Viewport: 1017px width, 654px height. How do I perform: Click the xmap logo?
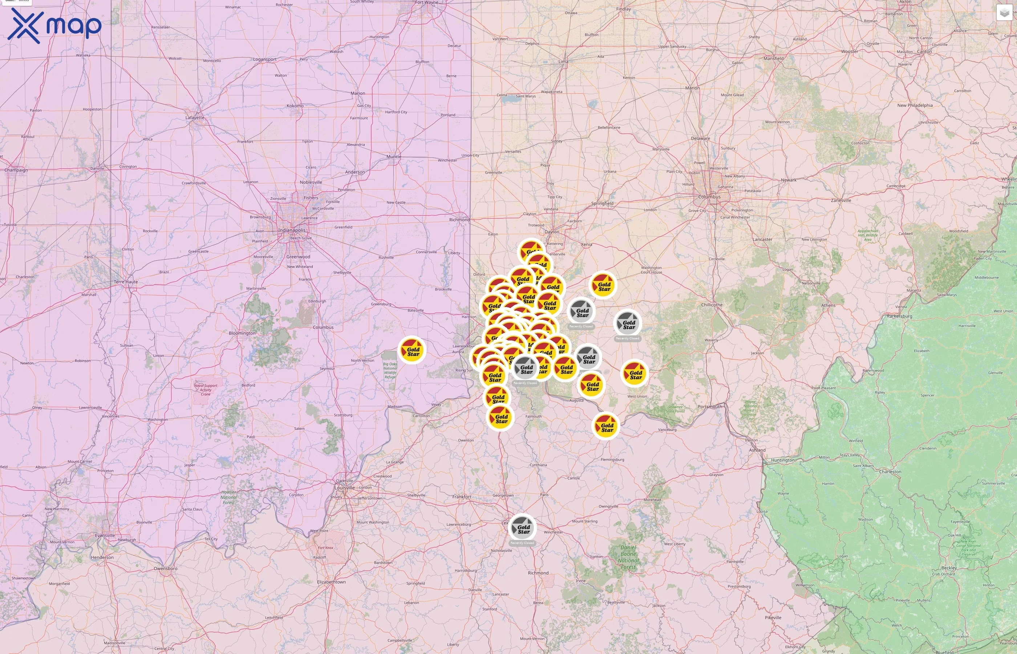[x=54, y=25]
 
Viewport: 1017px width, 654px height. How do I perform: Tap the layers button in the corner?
[x=1004, y=13]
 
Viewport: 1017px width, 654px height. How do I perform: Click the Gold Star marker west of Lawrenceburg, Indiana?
[x=412, y=350]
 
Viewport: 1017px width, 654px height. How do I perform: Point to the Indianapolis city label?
[x=292, y=230]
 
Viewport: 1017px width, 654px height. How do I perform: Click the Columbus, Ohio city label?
[x=709, y=197]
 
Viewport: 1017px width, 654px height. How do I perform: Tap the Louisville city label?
[x=344, y=488]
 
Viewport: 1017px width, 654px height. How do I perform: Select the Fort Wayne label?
[x=426, y=3]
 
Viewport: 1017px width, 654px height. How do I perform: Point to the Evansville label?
[x=105, y=536]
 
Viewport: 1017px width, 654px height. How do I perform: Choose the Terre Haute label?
[x=126, y=282]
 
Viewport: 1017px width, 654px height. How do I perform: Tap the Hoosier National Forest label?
[x=229, y=497]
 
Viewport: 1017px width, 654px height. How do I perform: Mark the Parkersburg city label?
[x=899, y=316]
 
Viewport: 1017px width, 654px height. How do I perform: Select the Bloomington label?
[x=242, y=334]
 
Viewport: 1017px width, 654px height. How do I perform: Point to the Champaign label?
[x=16, y=170]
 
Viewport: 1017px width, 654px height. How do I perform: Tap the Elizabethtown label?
[x=331, y=582]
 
